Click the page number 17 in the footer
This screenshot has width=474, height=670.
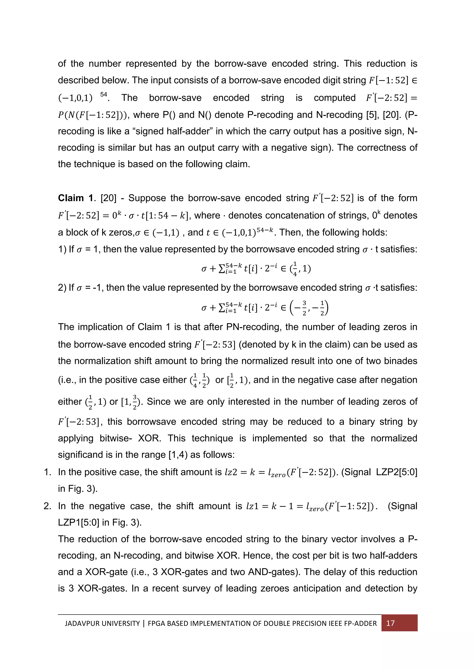pos(390,623)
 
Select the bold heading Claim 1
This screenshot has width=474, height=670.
pos(76,198)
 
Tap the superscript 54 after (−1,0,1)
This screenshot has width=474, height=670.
pos(104,95)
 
